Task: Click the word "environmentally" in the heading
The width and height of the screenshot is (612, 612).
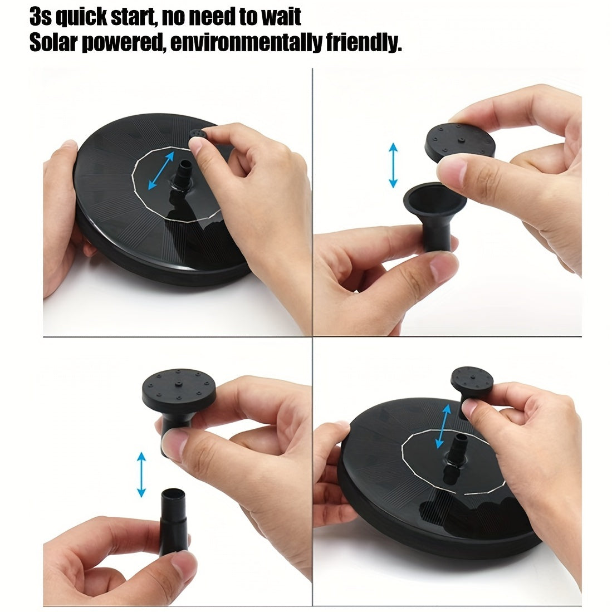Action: [246, 42]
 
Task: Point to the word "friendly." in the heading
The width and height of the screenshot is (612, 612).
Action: [364, 42]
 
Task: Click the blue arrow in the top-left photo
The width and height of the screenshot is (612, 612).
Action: [161, 171]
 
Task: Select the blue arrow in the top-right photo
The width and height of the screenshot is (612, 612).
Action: [393, 165]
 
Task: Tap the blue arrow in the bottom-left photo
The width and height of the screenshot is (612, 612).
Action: [141, 474]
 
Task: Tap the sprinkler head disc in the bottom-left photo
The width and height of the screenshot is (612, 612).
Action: [179, 387]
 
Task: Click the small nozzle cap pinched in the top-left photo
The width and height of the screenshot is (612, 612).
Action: [198, 135]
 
